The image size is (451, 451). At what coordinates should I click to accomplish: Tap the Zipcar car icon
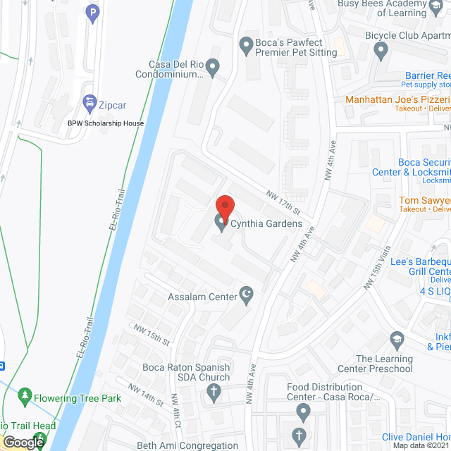[x=89, y=104]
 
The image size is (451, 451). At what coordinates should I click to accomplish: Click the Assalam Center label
[x=202, y=297]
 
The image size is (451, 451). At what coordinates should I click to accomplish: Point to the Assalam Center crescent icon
[x=247, y=296]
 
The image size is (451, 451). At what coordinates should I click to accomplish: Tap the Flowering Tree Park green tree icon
[x=25, y=398]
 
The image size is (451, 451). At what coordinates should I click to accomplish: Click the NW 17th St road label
[x=283, y=202]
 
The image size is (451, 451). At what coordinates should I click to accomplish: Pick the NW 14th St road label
[x=144, y=393]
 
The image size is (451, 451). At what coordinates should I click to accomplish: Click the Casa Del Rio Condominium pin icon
[x=212, y=67]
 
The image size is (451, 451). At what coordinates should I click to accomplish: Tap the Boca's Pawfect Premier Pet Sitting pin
[x=247, y=47]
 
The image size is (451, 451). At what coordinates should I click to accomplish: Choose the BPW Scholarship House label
[x=106, y=123]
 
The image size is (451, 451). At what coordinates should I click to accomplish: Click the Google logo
[x=23, y=443]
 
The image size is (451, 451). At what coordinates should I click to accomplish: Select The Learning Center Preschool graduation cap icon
[x=397, y=342]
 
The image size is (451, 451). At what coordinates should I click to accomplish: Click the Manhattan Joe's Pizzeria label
[x=397, y=100]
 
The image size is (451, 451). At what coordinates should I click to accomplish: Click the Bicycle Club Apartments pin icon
[x=381, y=50]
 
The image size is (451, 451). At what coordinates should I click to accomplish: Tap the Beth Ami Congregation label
[x=187, y=445]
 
